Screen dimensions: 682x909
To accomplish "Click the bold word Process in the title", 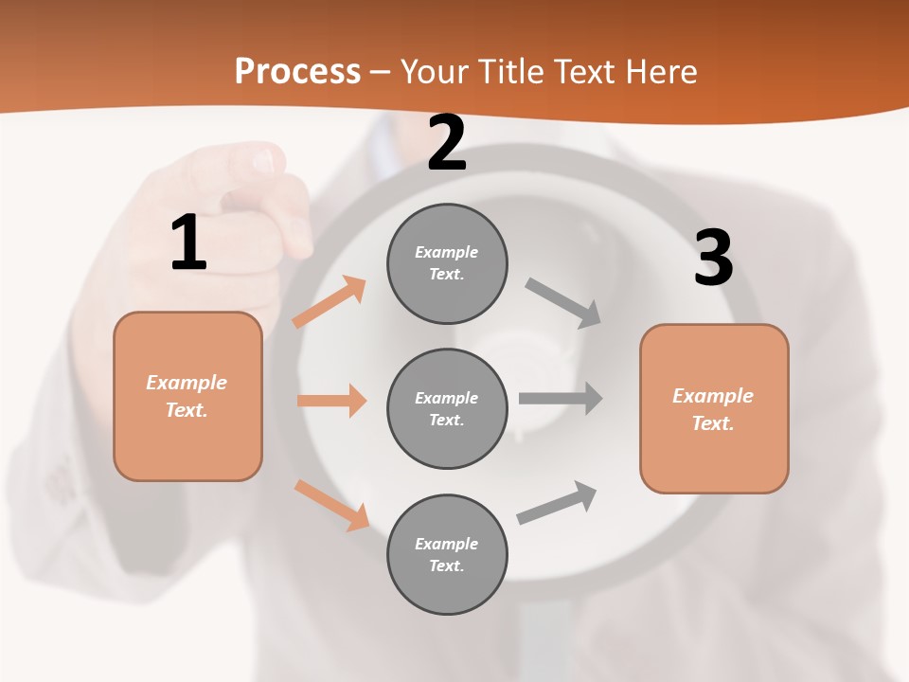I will [x=297, y=71].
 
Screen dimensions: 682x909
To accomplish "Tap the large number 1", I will [x=188, y=242].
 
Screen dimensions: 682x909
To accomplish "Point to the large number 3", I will [x=713, y=258].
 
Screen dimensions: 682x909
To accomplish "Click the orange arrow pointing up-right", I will [x=330, y=302].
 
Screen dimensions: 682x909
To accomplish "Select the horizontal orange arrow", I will [x=331, y=401].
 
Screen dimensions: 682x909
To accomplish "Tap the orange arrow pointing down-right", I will [x=331, y=505].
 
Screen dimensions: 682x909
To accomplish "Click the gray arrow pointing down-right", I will [x=563, y=303].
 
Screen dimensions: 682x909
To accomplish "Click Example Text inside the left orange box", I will [x=187, y=396].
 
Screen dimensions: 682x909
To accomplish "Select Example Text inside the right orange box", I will [x=713, y=409].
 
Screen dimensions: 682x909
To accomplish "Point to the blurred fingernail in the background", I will [x=262, y=162].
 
